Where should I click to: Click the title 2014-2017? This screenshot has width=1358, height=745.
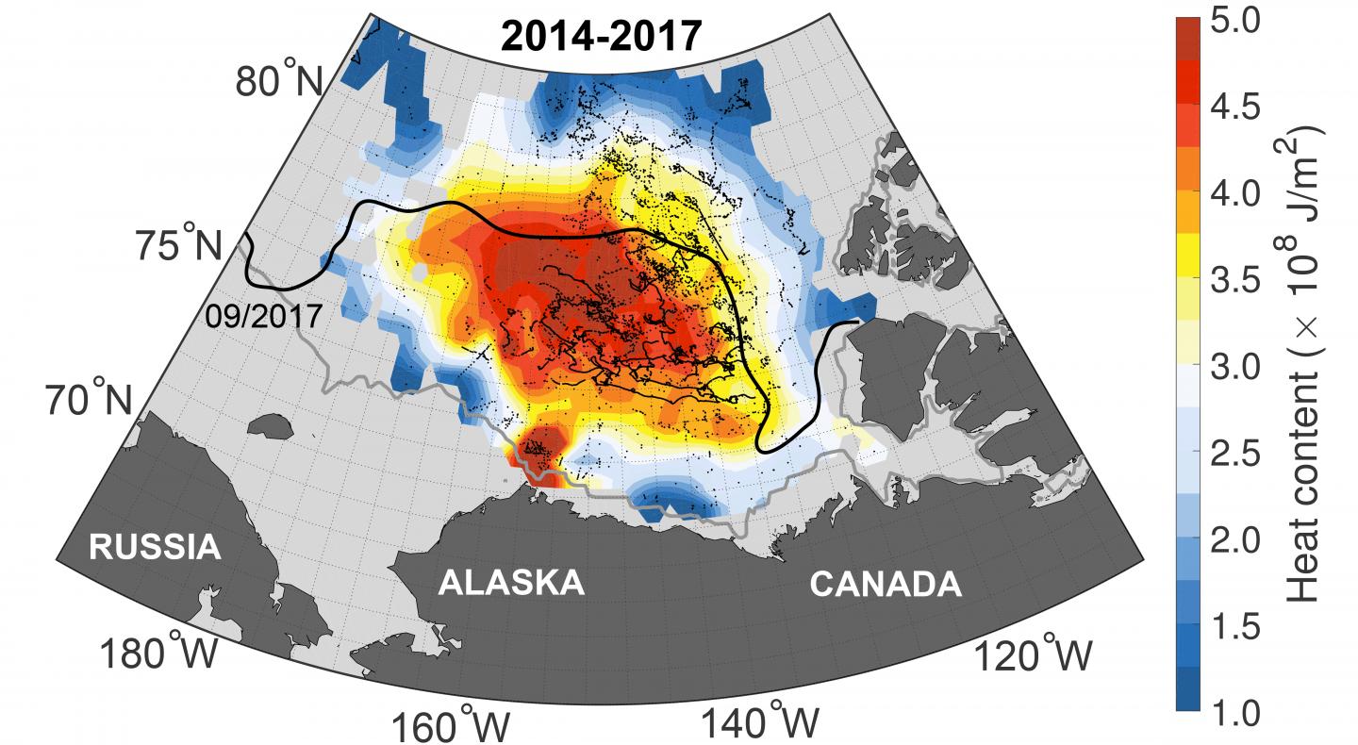pyautogui.click(x=601, y=36)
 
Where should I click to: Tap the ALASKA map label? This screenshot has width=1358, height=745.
pyautogui.click(x=511, y=583)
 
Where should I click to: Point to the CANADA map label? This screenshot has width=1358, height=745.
pyautogui.click(x=886, y=585)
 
